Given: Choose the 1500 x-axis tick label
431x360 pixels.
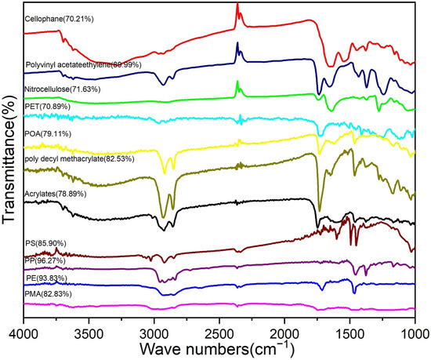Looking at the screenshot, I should pos(349,324).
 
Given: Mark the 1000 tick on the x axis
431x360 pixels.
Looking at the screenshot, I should pos(413,324).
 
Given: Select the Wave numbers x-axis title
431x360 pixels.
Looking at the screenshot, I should pos(219,345).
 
